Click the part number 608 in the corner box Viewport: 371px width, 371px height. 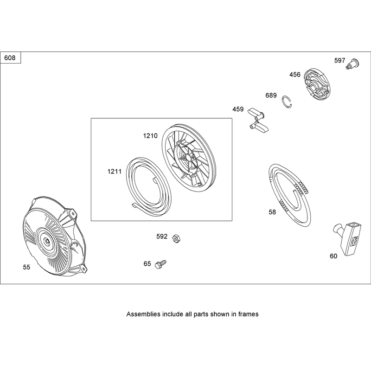pos(10,58)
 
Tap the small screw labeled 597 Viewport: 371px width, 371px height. pos(353,64)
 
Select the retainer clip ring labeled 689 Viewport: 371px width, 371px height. pos(287,102)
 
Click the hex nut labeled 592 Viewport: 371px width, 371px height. pos(176,238)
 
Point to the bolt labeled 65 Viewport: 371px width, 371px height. pos(160,264)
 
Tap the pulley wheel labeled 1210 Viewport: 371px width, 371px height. pos(189,158)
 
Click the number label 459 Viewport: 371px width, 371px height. pos(238,109)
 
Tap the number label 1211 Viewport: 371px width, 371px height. pos(114,171)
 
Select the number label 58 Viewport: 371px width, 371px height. pos(272,212)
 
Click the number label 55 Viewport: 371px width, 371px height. pos(26,267)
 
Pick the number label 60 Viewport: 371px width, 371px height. pos(333,256)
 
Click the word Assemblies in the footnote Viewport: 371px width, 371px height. pos(143,314)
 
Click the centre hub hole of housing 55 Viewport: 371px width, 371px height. pos(47,241)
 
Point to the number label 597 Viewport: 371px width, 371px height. pos(339,61)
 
